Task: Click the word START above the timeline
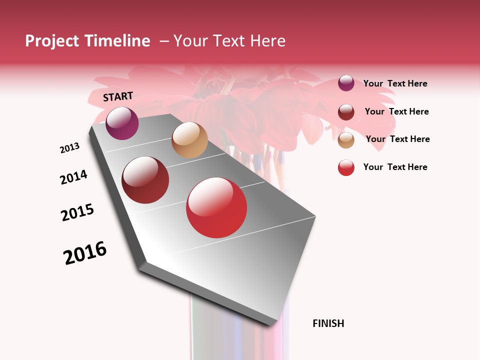tap(118, 96)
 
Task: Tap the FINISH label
tap(328, 323)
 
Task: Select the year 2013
tap(69, 148)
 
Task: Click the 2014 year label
tap(73, 177)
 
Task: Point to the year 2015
tap(77, 212)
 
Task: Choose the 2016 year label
tap(85, 253)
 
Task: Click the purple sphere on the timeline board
tap(122, 123)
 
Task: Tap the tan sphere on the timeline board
tap(189, 140)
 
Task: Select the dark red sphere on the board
tap(145, 180)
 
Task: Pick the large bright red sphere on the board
tap(216, 207)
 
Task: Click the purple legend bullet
tap(346, 83)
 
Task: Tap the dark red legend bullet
tap(346, 112)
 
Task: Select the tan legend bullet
tap(346, 140)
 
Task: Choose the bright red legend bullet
tap(346, 167)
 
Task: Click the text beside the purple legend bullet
tap(395, 83)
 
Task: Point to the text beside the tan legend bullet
tap(397, 139)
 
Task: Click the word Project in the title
tap(52, 41)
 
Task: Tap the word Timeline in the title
tap(117, 41)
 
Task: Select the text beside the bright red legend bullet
tap(395, 167)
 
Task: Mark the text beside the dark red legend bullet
tap(396, 111)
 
